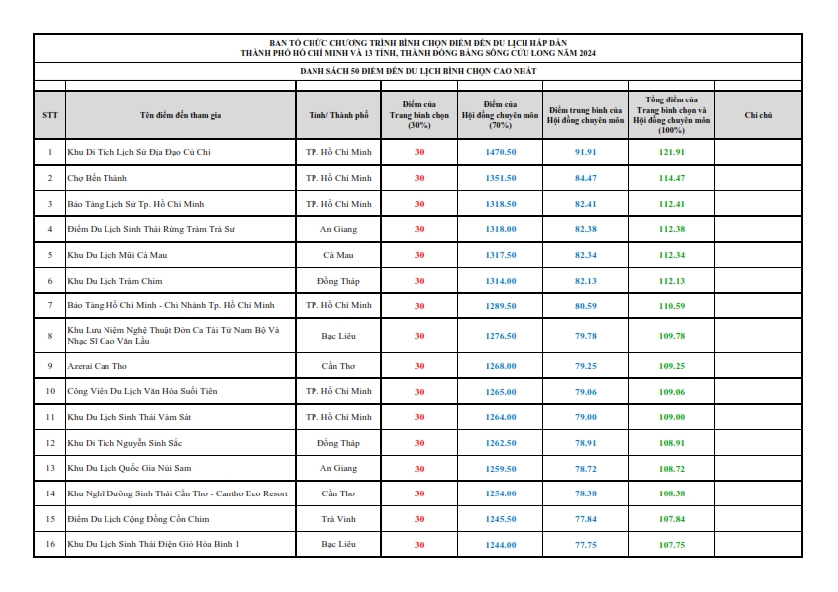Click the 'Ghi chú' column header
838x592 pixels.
click(x=758, y=115)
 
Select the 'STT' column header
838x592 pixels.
click(x=50, y=115)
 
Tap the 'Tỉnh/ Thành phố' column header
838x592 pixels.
click(x=338, y=115)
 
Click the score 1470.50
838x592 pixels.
click(x=500, y=152)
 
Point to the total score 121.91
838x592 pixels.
click(x=672, y=152)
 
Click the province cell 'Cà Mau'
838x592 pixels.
click(x=338, y=254)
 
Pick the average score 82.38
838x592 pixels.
click(x=586, y=229)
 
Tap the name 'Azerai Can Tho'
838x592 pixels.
click(x=97, y=365)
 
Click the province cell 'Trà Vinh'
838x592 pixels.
click(x=338, y=519)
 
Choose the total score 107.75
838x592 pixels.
click(x=672, y=545)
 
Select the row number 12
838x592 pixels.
click(x=50, y=442)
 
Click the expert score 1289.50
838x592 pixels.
click(x=500, y=305)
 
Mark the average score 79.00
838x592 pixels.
click(x=586, y=416)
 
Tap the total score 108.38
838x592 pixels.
click(x=672, y=493)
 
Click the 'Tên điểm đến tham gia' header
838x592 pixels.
click(x=180, y=115)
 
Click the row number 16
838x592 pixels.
click(x=50, y=545)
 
